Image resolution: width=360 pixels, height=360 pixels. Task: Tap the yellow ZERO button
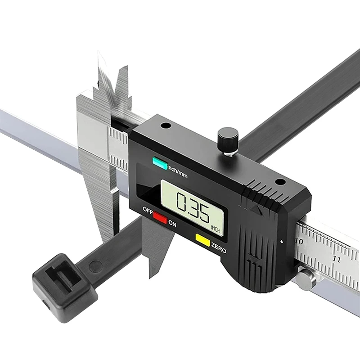coord(202,240)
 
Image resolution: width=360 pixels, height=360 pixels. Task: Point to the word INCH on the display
coord(216,229)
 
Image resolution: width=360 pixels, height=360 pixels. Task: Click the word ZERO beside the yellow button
coord(219,247)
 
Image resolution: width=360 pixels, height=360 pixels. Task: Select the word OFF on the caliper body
coord(148,210)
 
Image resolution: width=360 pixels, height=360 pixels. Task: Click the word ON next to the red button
coord(172,223)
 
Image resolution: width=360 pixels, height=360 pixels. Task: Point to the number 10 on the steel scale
coord(299,241)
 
